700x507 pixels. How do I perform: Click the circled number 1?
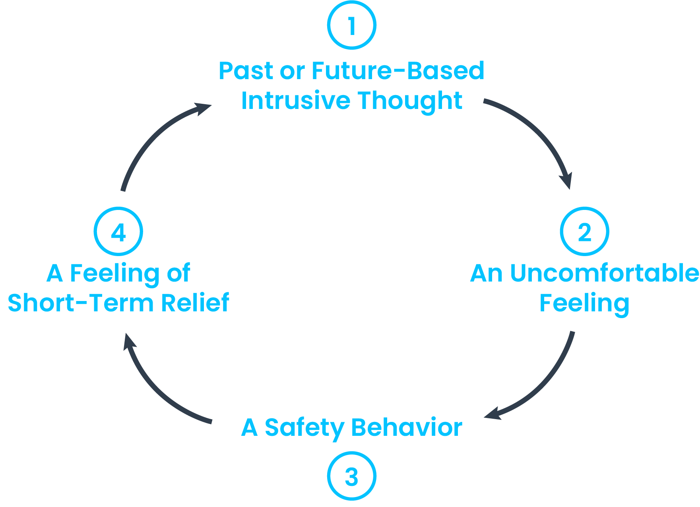(x=351, y=25)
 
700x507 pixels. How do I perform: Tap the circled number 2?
(x=584, y=231)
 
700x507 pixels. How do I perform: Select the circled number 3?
(x=351, y=476)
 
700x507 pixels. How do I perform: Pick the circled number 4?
(x=118, y=231)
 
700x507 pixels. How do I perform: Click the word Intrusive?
(x=295, y=100)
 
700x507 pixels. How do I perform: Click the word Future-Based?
(x=398, y=71)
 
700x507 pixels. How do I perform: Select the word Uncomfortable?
(x=604, y=273)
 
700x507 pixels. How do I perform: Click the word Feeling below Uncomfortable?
(x=584, y=303)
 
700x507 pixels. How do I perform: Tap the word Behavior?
(x=406, y=427)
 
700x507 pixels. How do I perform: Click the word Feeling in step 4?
(x=114, y=274)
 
